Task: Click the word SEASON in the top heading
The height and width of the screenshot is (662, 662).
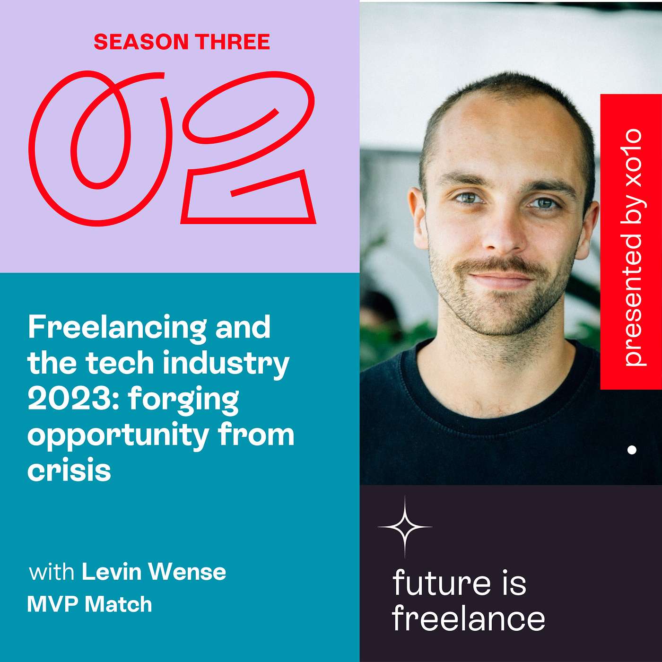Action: point(141,42)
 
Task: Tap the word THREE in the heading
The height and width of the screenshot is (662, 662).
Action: point(233,42)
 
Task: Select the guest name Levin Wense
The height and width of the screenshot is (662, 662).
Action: point(154,572)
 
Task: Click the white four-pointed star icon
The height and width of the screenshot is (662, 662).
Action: point(405,526)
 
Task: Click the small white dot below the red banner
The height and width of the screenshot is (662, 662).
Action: point(632,450)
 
